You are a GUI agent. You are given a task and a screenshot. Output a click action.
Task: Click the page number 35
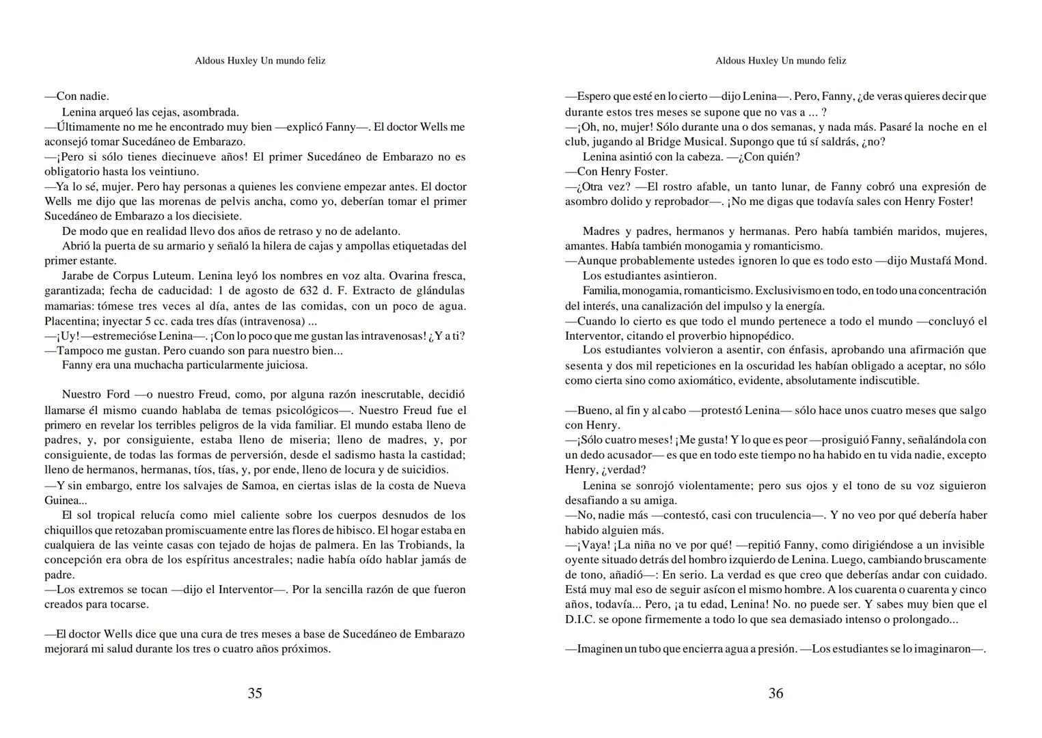tap(254, 693)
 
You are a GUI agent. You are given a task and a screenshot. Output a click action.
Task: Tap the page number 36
tap(776, 693)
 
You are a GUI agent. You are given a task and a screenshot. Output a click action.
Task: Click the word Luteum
tap(176, 276)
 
